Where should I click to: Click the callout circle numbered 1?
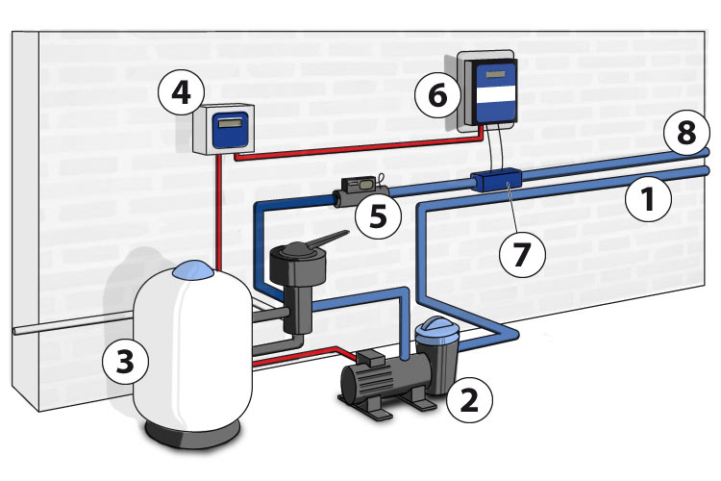[646, 200]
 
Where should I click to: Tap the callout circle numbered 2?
[468, 397]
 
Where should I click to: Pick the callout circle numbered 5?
[378, 216]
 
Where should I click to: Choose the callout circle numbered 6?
[436, 95]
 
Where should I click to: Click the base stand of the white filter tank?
[191, 438]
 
